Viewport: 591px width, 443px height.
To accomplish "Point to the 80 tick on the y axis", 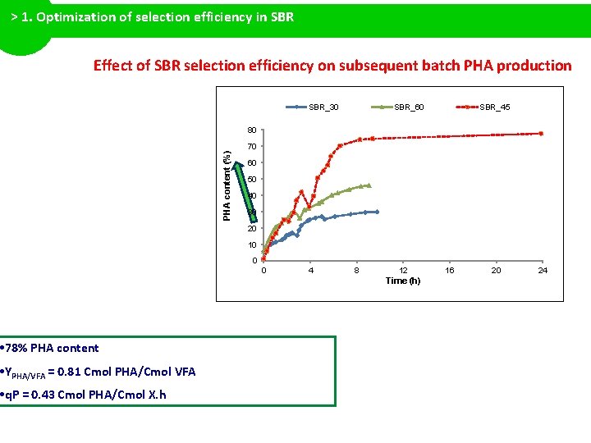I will (252, 130).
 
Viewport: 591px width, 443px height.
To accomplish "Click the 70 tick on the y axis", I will (252, 147).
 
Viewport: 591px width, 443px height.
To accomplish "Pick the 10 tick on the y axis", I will (252, 245).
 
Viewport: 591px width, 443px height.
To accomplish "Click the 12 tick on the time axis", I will (403, 270).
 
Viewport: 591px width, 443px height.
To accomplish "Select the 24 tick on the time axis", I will (543, 270).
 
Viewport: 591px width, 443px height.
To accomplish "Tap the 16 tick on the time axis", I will (450, 270).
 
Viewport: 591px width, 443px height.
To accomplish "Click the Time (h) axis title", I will (403, 281).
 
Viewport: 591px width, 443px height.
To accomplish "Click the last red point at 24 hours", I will (542, 134).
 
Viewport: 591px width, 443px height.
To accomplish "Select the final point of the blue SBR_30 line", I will (377, 212).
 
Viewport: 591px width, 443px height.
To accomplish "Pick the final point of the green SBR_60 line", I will (369, 185).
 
